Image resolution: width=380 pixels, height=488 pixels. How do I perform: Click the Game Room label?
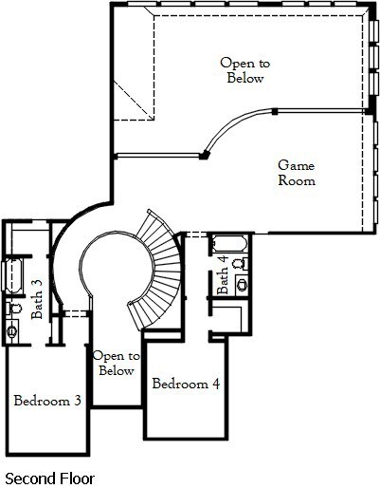[297, 173]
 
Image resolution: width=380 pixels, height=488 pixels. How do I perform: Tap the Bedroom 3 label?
[47, 401]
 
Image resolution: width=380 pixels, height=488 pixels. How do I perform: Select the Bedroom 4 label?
[186, 384]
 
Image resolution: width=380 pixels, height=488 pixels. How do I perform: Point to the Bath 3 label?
[37, 299]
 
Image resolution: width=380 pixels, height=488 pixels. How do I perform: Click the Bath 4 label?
[223, 274]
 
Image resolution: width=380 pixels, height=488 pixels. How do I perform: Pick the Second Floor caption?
[49, 479]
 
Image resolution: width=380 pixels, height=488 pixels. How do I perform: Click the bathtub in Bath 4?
[229, 244]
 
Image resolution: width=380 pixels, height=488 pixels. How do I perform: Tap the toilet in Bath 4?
[240, 263]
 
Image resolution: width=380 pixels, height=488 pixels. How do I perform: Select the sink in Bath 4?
[243, 285]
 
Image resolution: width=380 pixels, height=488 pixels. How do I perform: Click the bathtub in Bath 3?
[13, 275]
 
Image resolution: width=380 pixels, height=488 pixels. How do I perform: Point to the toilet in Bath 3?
[14, 309]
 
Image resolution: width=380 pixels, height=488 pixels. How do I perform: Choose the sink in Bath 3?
[12, 331]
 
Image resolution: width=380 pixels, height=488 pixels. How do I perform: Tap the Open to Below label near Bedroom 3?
[116, 363]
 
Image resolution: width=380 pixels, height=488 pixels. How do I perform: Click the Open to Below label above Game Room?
[245, 70]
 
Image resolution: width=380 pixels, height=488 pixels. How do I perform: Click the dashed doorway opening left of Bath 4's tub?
[196, 235]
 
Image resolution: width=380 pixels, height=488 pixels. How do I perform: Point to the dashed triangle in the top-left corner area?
[134, 101]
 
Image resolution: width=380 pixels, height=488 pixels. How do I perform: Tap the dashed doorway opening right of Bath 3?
[75, 313]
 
